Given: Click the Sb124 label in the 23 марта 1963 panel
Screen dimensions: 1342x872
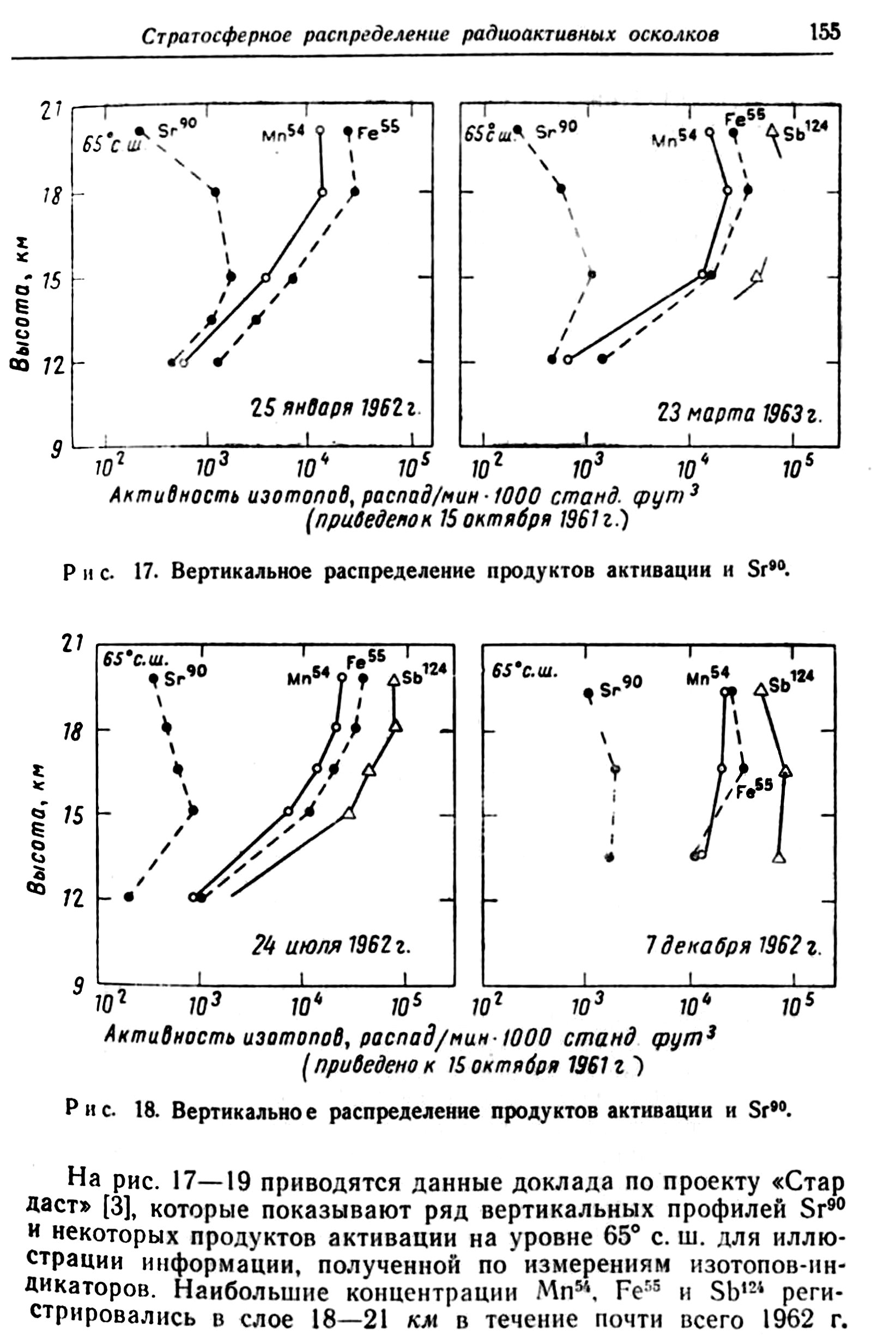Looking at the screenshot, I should click(x=808, y=129).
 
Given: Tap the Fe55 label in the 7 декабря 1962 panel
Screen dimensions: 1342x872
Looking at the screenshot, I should click(x=754, y=791).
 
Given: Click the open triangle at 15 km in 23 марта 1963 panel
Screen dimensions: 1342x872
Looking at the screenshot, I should click(x=757, y=276).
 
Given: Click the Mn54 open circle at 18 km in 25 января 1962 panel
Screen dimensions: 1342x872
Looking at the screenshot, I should click(x=323, y=192).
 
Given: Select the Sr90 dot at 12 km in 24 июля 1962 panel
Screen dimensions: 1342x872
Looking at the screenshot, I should click(x=129, y=896).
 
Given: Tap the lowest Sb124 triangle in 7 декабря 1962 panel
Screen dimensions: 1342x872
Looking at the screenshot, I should click(x=779, y=858).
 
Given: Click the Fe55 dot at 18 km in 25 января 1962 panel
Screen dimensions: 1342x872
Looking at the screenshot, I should click(x=355, y=192).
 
